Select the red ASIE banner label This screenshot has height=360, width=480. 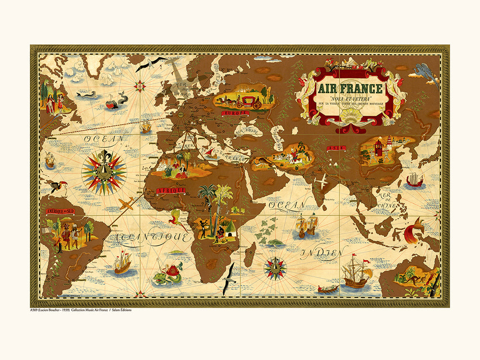(335, 149)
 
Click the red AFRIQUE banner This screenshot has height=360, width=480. (170, 191)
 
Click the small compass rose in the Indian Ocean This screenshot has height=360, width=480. (275, 266)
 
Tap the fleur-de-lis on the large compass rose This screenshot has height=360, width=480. (104, 158)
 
